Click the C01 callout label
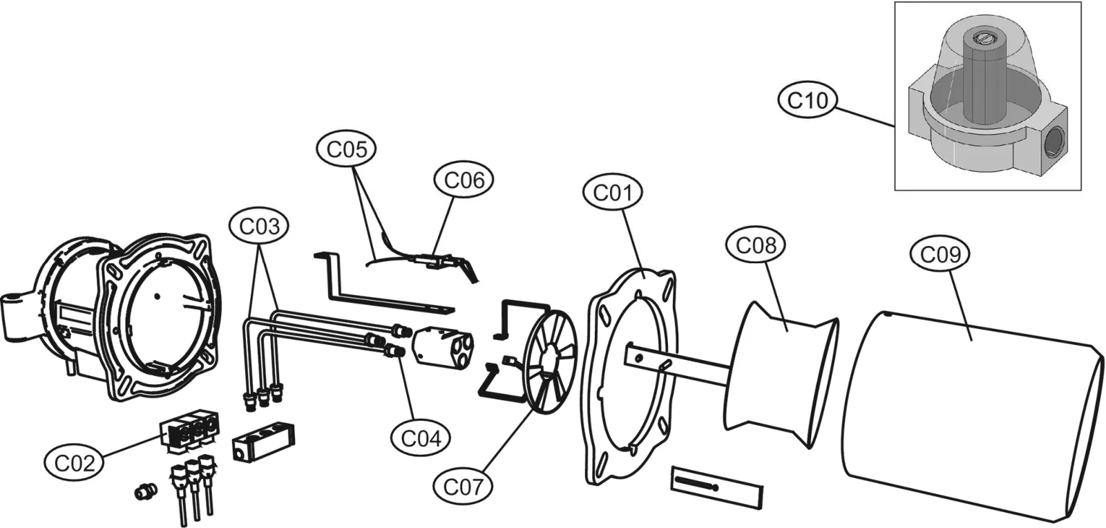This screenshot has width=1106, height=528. coord(613,193)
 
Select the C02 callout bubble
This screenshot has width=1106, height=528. coord(74,463)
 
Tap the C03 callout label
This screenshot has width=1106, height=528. coord(259,227)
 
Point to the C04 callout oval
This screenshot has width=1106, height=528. coord(421,438)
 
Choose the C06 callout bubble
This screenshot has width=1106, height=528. coord(464,180)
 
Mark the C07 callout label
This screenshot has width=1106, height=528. coord(463,487)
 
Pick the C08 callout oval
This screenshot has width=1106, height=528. coord(756,245)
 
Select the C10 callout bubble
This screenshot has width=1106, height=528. coord(808,100)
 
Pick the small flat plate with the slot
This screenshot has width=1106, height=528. coord(717,487)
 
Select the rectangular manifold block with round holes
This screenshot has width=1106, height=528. coord(265,441)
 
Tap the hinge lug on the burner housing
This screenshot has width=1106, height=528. coord(18,316)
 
